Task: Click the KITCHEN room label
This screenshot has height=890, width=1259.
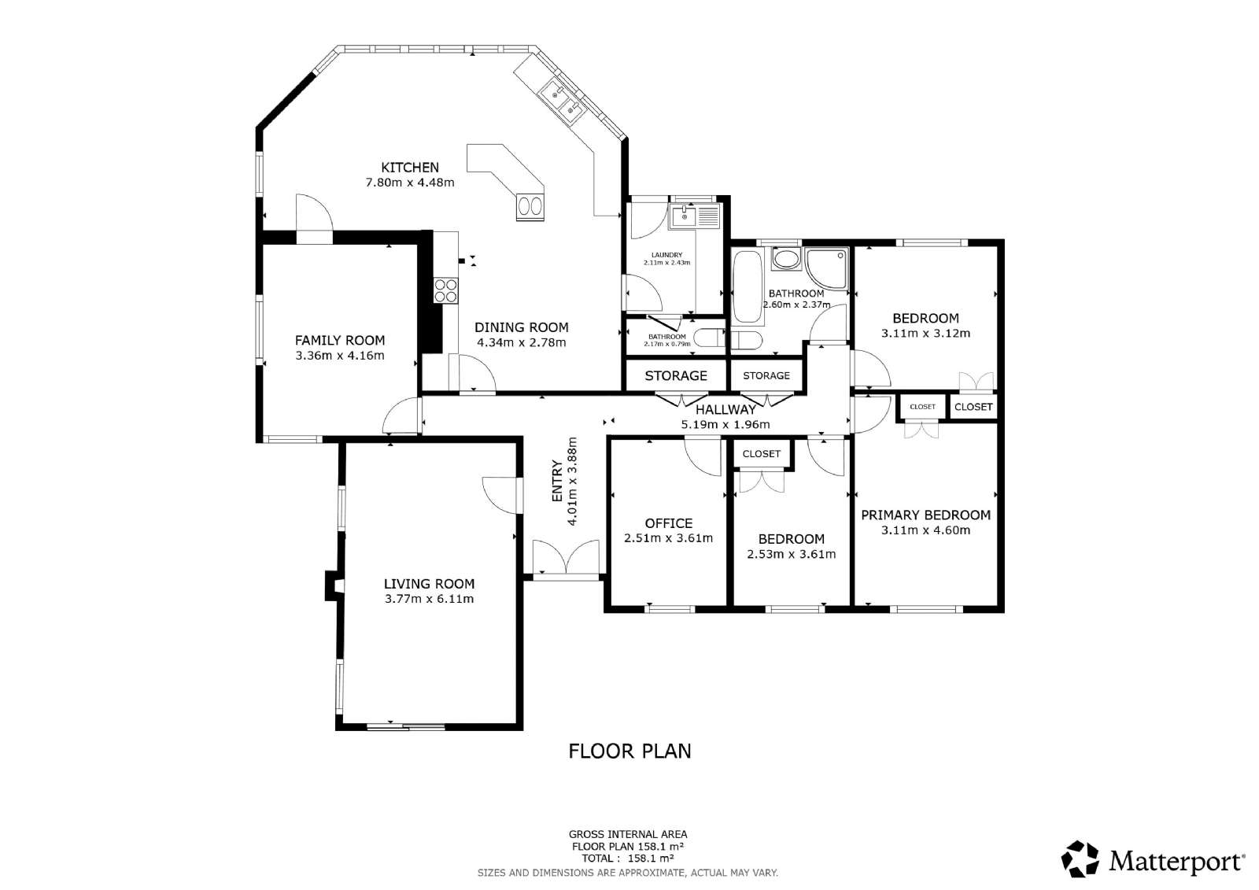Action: (410, 168)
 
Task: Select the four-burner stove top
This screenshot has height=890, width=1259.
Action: (445, 290)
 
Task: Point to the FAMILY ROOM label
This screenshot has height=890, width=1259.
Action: (340, 340)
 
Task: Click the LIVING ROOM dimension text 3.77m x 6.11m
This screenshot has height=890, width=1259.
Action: (430, 599)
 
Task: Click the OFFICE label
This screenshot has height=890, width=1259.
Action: (669, 523)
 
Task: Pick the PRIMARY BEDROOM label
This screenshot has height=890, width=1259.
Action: (925, 515)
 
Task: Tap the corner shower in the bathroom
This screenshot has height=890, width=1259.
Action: (826, 269)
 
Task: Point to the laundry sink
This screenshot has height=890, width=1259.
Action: (694, 216)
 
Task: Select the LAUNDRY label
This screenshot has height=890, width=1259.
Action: (667, 255)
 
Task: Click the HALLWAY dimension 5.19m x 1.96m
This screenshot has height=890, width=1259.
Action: (725, 424)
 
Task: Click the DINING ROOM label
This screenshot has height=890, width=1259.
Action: (522, 327)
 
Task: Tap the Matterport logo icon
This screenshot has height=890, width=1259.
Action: (1080, 859)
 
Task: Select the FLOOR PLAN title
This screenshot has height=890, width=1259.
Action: (629, 752)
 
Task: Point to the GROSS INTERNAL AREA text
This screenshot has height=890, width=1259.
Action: (628, 835)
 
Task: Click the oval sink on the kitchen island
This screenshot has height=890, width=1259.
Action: (530, 206)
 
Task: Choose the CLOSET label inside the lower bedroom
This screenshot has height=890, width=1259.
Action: (762, 454)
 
